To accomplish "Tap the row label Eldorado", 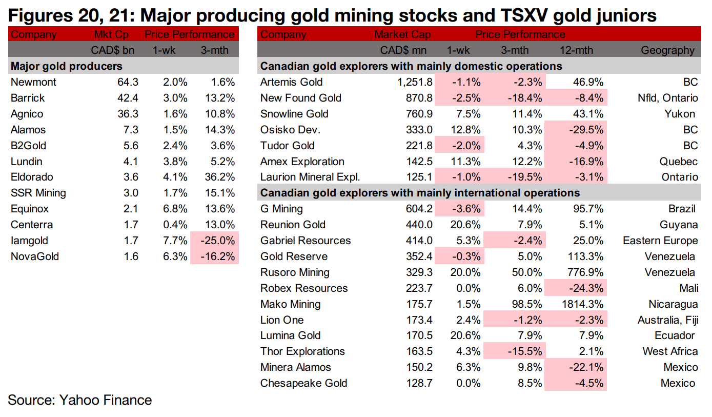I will point(32,177).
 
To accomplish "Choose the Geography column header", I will point(667,50).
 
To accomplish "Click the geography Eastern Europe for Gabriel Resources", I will point(660,241).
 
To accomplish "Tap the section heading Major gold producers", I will point(67,66).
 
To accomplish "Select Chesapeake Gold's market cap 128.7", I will point(418,383).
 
